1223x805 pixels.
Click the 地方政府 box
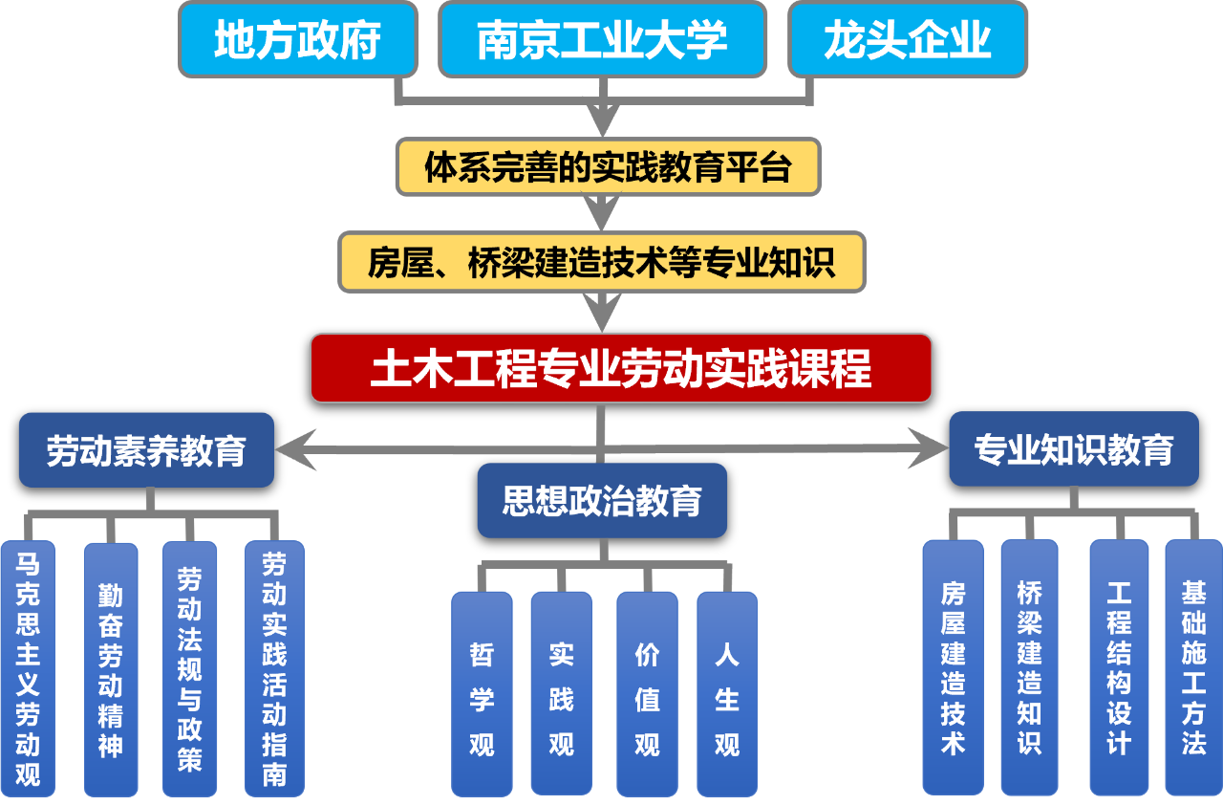coord(298,40)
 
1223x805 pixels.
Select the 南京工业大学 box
coord(602,40)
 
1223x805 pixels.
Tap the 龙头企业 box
coord(907,40)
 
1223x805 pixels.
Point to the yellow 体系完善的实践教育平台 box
coord(609,167)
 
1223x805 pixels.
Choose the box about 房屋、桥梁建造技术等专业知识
coord(602,262)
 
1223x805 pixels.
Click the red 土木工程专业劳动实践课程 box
coord(621,368)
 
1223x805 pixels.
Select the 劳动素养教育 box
coord(146,450)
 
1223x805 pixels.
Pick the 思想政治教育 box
coord(602,500)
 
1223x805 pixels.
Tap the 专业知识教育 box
coord(1073,448)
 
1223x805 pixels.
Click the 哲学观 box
coord(482,694)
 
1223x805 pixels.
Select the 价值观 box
coord(647,694)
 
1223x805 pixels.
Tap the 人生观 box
coord(727,694)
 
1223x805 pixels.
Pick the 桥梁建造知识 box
coord(1029,667)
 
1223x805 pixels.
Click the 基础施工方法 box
coord(1193,667)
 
